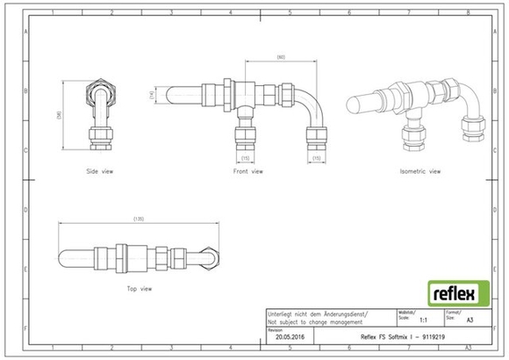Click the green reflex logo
click(453, 292)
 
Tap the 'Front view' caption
click(247, 171)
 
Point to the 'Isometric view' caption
click(419, 171)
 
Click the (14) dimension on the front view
click(152, 94)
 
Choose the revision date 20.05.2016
click(290, 336)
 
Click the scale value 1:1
click(424, 322)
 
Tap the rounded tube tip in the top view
click(66, 253)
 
